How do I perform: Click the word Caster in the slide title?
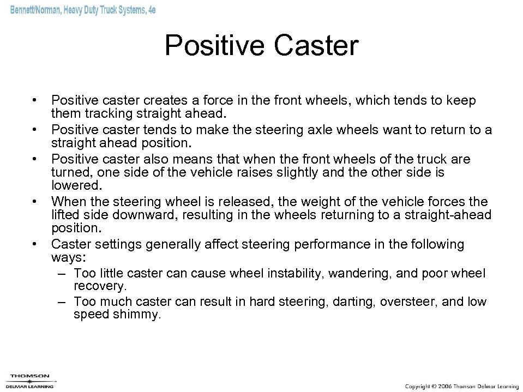click(316, 46)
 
